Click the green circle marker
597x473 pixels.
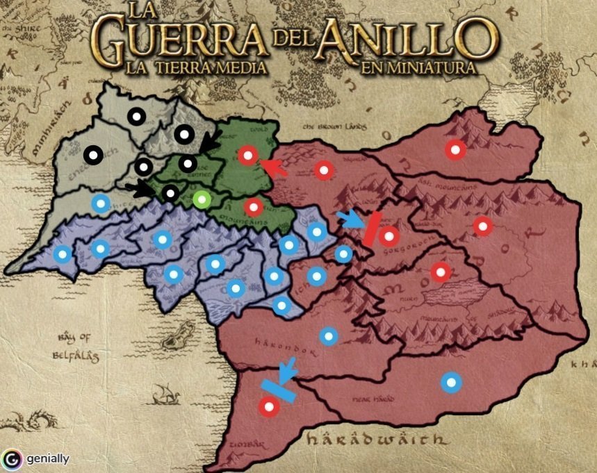click(202, 200)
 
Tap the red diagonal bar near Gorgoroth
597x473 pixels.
click(370, 228)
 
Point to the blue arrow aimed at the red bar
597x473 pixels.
click(350, 219)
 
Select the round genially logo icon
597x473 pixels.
click(11, 459)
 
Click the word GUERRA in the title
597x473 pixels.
click(177, 42)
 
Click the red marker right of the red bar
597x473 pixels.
click(389, 236)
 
